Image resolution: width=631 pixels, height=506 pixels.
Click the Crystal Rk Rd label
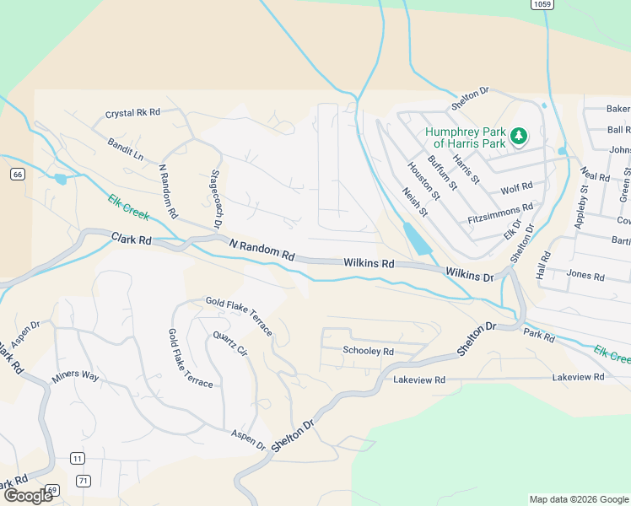(132, 113)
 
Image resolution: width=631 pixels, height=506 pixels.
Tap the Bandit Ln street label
(126, 150)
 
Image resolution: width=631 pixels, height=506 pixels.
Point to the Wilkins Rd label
(369, 263)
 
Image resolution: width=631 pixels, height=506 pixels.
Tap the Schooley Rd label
(368, 351)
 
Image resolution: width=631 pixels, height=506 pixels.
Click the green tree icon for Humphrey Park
(520, 135)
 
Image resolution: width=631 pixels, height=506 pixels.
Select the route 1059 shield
(542, 4)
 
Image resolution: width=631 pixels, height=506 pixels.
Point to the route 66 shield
(17, 174)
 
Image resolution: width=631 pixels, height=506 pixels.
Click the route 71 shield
(82, 481)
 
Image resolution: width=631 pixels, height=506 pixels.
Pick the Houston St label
(423, 180)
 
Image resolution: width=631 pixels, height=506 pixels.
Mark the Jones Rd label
(585, 276)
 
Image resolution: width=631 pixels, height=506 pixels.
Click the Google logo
(28, 496)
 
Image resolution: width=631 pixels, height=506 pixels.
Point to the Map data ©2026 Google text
(578, 499)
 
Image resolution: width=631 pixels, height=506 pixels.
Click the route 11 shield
(78, 458)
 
